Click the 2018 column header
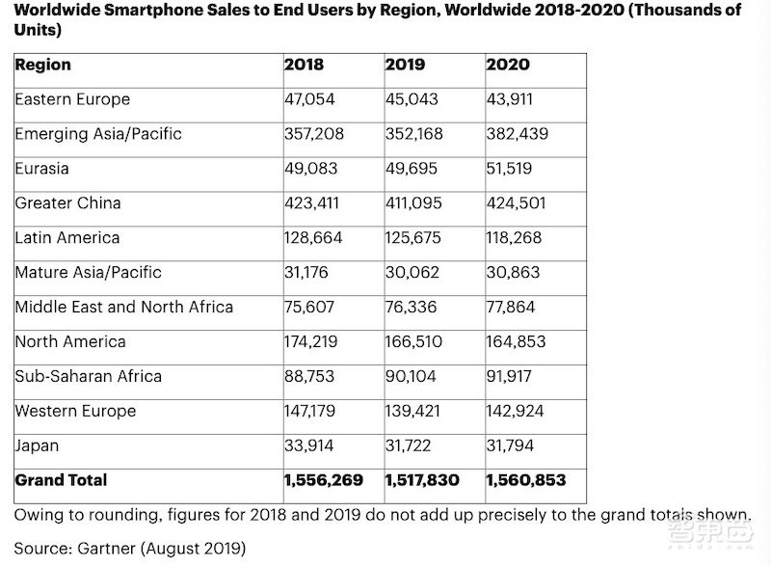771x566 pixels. click(304, 66)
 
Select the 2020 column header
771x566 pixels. click(507, 66)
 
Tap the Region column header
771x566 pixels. click(42, 66)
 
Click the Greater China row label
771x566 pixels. click(67, 203)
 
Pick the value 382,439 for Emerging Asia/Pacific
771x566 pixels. click(517, 134)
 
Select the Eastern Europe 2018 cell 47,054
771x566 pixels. click(311, 99)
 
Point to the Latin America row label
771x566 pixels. click(67, 238)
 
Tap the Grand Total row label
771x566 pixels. click(61, 480)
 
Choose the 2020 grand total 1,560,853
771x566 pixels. click(525, 480)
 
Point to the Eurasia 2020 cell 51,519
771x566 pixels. click(512, 169)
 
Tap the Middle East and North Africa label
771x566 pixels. click(123, 307)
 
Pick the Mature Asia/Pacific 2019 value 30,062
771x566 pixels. click(413, 273)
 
